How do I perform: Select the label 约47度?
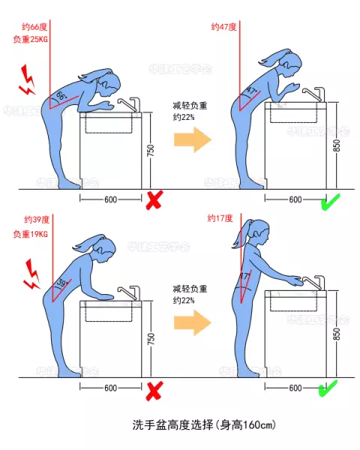(224, 26)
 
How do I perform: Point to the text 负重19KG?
(31, 234)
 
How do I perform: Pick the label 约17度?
(221, 218)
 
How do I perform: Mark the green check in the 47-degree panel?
(328, 200)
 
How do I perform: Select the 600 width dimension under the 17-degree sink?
(295, 388)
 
